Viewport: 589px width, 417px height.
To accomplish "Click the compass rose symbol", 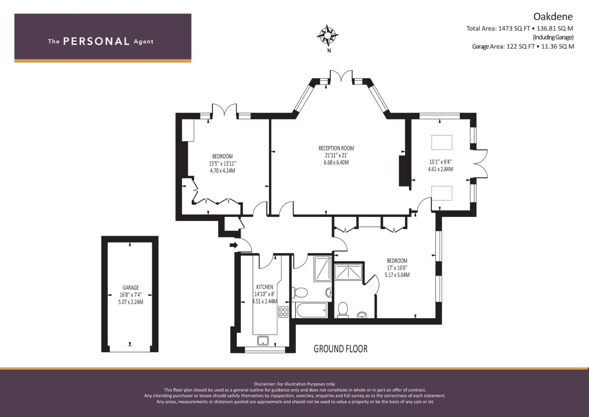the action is pos(327,35).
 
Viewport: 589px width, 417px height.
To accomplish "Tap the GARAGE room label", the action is pos(131,288).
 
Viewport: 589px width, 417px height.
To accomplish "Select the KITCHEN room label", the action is pos(265,287).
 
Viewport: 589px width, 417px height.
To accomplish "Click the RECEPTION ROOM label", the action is pos(336,148).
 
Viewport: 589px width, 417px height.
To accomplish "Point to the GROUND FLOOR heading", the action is pos(341,349).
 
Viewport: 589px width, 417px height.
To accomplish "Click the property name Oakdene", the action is pos(553,17).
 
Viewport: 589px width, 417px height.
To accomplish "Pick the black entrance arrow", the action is pos(234,245).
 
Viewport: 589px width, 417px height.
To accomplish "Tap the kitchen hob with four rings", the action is pos(284,312).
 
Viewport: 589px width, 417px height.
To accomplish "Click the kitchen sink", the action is pos(263,341).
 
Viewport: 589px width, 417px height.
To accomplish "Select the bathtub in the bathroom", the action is pos(311,310).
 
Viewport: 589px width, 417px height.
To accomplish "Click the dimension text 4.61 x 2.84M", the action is pos(440,169).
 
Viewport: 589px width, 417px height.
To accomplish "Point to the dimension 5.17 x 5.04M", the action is pos(397,275).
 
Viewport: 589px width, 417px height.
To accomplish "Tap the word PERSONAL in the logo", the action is pos(96,41).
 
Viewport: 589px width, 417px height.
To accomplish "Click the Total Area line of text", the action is pos(520,29).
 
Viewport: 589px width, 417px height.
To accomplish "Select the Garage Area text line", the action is pos(523,47).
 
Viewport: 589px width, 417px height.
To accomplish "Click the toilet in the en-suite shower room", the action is pos(343,309).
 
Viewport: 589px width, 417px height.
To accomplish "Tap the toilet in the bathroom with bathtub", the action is pos(300,292).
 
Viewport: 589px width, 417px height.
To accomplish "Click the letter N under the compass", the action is pos(329,51).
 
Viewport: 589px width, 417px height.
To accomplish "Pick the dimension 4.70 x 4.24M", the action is pos(223,171).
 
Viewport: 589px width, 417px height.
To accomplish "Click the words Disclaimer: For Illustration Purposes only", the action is pos(294,384).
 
